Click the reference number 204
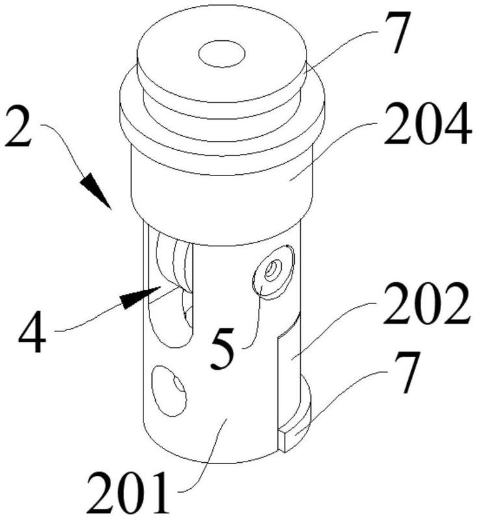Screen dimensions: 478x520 [x=427, y=123]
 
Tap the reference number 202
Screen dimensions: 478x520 [x=427, y=304]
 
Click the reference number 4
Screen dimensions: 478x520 [x=32, y=331]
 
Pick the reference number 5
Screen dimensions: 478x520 [x=223, y=348]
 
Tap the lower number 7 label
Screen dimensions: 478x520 [x=406, y=372]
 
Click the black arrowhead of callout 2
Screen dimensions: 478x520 [x=95, y=191]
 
